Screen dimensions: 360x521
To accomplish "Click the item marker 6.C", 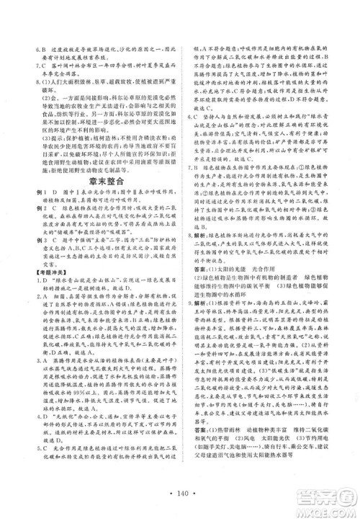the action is tap(190, 146).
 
